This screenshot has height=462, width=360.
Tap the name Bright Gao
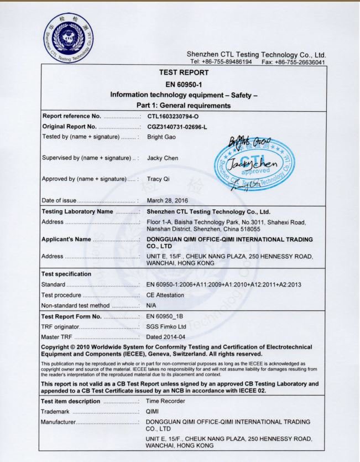click(x=161, y=137)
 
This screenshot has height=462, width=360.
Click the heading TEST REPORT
click(x=184, y=72)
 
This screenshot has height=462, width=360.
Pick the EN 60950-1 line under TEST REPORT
click(x=184, y=84)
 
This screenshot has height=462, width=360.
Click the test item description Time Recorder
click(x=165, y=401)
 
